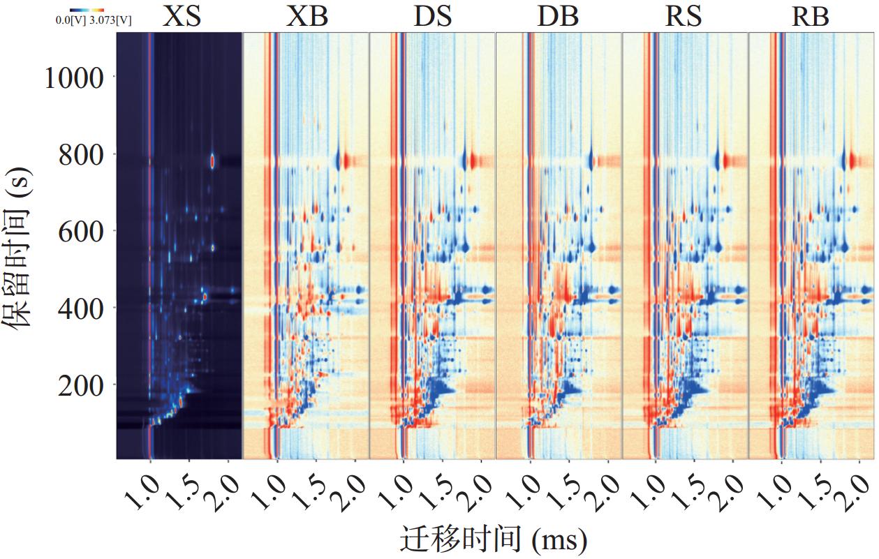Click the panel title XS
182,16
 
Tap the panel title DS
432,16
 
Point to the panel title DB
558,16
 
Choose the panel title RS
683,16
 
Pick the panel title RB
810,16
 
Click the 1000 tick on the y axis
74,77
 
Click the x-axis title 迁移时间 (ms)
493,539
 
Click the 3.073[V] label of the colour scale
111,22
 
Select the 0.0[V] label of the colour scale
70,22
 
